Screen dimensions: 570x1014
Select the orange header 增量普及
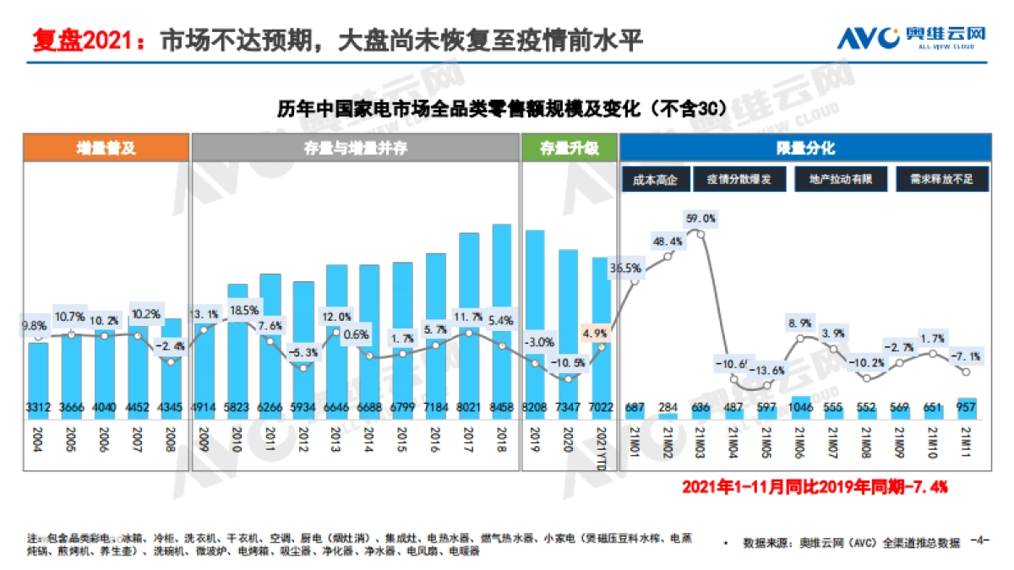coord(106,148)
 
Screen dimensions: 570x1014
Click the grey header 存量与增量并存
coord(356,148)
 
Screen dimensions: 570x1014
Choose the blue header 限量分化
coord(805,148)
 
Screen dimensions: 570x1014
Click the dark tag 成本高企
coord(655,179)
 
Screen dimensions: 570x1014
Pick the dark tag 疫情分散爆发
coord(740,179)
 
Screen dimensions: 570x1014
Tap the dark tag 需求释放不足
coord(942,179)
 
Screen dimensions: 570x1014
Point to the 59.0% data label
coord(701,219)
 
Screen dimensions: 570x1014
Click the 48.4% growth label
coord(668,242)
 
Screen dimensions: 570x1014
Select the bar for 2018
coord(502,321)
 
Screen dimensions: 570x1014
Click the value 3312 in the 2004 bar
coord(38,408)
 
